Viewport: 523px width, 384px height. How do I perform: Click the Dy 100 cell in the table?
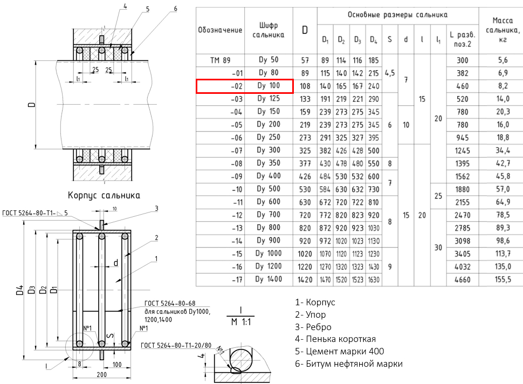269,86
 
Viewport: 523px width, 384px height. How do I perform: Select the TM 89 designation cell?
220,60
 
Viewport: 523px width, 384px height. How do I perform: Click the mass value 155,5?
503,279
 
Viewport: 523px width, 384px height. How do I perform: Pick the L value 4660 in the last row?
462,279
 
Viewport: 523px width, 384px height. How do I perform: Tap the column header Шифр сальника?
269,30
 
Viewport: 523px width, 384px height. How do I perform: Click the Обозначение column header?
220,30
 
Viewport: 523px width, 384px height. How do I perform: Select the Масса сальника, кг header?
503,30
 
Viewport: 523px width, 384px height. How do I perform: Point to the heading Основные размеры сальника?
397,15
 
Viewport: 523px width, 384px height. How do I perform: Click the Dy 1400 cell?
269,279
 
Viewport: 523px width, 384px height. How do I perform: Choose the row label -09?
237,176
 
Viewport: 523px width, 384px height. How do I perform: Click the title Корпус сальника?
104,195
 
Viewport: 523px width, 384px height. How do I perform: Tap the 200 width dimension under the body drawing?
102,374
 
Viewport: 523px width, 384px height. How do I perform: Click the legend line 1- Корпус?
315,302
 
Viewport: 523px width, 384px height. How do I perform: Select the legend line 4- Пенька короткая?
335,339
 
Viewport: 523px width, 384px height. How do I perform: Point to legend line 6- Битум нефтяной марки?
348,364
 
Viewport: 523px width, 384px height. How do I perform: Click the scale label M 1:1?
241,322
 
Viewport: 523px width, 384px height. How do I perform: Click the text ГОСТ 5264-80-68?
170,303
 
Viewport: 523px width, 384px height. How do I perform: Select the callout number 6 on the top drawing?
175,9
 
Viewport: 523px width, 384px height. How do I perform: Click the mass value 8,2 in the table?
503,86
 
